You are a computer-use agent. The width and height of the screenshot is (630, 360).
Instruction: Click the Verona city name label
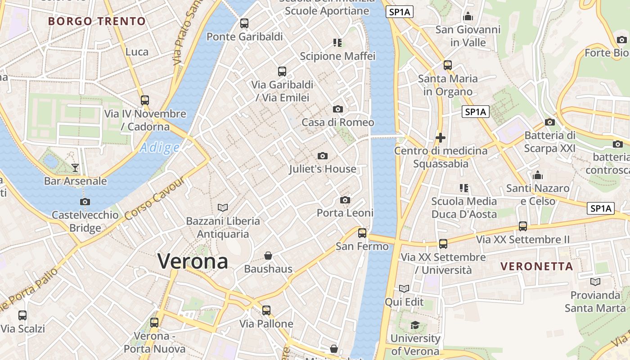[x=193, y=261]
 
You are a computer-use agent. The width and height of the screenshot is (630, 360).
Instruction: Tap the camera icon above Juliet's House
[x=322, y=156]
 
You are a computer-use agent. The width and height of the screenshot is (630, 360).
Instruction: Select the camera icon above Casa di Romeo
[x=337, y=109]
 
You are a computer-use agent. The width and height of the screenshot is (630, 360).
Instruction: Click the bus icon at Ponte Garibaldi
[x=244, y=23]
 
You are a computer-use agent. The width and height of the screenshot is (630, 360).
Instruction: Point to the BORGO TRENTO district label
[x=97, y=21]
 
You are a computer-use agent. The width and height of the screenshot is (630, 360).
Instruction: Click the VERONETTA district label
[x=537, y=266]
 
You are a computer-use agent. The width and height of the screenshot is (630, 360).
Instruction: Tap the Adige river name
[x=159, y=148]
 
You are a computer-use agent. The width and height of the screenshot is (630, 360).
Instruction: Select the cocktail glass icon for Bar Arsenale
[x=75, y=168]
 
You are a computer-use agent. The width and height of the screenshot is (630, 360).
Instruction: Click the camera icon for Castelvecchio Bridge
[x=85, y=202]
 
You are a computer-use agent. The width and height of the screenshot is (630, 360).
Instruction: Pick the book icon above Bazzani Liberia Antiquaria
[x=223, y=207]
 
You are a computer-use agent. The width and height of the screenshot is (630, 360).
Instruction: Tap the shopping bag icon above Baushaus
[x=268, y=256]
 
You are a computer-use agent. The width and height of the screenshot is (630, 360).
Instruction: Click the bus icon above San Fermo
[x=362, y=233]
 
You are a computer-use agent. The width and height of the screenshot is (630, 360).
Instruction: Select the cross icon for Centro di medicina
[x=441, y=138]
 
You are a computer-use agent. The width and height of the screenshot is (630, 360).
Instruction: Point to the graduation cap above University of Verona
[x=415, y=325]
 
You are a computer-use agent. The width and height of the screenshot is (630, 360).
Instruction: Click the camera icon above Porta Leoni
[x=345, y=200]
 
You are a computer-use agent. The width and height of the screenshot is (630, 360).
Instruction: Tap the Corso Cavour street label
[x=155, y=198]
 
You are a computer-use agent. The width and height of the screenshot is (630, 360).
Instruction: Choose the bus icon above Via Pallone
[x=266, y=310]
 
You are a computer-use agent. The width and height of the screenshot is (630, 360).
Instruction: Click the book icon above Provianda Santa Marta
[x=595, y=282]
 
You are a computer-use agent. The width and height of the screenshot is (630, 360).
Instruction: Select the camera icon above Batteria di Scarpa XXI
[x=549, y=122]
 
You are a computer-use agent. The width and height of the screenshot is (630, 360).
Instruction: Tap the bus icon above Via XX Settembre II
[x=522, y=226]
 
